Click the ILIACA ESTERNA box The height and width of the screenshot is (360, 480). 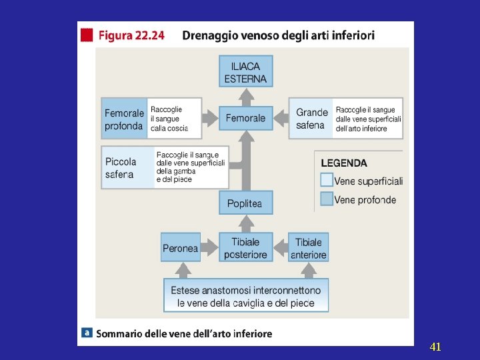click(246, 71)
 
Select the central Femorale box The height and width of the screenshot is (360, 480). click(246, 118)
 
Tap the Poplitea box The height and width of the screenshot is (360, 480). click(246, 203)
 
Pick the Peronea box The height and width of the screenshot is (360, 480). click(181, 247)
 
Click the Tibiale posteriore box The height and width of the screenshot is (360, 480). click(246, 247)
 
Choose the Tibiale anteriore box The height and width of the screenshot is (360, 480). click(308, 247)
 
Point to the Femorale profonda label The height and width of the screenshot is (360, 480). click(124, 119)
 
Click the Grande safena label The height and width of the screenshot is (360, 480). click(311, 119)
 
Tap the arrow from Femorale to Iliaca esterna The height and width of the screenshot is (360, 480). click(246, 97)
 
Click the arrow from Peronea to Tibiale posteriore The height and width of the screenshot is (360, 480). click(210, 247)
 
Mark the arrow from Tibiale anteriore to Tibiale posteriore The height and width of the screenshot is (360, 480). click(281, 247)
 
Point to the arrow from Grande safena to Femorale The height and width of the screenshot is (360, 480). click(281, 118)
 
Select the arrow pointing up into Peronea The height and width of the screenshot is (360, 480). click(183, 270)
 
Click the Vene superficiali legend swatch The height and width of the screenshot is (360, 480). click(327, 180)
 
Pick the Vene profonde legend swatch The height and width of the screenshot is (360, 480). click(327, 199)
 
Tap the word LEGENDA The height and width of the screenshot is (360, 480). click(344, 163)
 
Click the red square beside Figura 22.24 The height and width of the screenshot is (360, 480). click(87, 35)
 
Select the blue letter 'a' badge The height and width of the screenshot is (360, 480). click(87, 333)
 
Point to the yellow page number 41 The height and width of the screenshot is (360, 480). click(435, 347)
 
